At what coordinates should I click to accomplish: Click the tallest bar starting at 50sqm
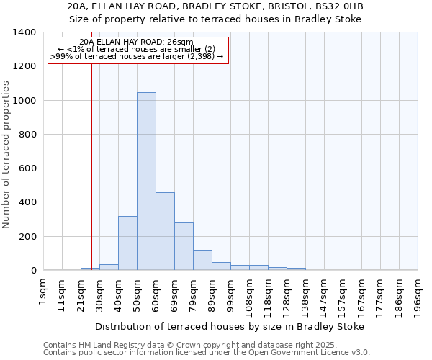(146, 181)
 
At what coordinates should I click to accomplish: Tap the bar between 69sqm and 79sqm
(184, 246)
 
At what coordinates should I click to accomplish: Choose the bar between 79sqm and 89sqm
(202, 260)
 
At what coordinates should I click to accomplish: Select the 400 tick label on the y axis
(28, 202)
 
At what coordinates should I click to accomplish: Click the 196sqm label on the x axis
(418, 297)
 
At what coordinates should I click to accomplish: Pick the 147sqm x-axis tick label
(325, 297)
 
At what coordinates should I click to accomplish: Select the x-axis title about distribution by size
(229, 326)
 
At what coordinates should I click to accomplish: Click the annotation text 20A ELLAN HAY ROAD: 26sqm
(136, 42)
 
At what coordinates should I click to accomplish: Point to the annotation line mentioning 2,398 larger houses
(137, 56)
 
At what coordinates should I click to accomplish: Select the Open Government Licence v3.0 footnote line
(207, 352)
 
